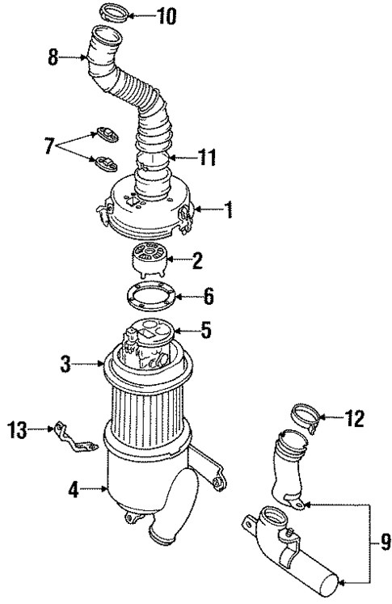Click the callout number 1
(229, 213)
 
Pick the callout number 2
(197, 260)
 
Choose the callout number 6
(208, 298)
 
